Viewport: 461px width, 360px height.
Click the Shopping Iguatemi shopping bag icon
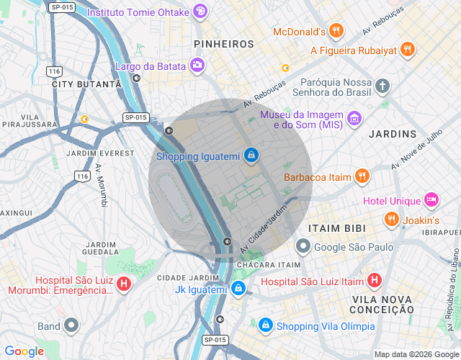tap(251, 154)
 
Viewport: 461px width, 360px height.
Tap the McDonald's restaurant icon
tap(336, 31)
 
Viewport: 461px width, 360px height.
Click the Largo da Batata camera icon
tap(197, 66)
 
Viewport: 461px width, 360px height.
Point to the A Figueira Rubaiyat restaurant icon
tap(408, 50)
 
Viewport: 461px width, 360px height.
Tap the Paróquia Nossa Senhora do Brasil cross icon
tap(382, 87)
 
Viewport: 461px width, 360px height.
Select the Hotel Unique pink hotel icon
tap(431, 199)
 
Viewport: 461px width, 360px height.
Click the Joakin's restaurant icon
tap(392, 219)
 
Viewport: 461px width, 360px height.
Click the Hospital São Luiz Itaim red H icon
tap(375, 281)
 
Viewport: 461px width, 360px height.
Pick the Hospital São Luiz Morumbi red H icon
tap(124, 285)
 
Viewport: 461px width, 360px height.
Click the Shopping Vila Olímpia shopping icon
tap(266, 325)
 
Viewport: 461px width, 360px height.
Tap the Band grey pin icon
tap(71, 325)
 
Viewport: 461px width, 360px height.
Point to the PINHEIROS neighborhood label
tap(224, 44)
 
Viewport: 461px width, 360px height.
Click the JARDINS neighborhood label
tap(393, 134)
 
